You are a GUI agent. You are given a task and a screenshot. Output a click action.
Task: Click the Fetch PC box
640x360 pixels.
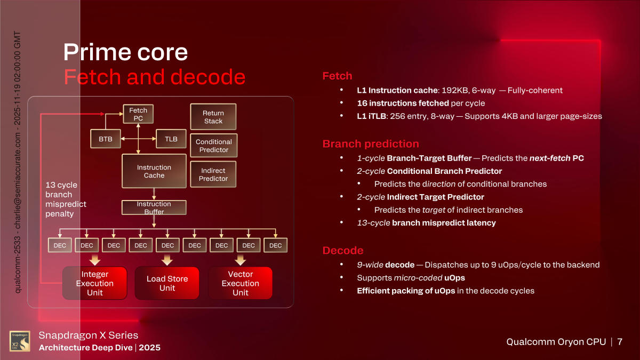pyautogui.click(x=138, y=114)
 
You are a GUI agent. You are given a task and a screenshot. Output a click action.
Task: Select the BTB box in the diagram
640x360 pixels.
pyautogui.click(x=106, y=139)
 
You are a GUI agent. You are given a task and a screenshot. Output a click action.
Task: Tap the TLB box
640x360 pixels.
pyautogui.click(x=171, y=139)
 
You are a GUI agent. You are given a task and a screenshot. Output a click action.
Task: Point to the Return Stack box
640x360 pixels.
pyautogui.click(x=213, y=117)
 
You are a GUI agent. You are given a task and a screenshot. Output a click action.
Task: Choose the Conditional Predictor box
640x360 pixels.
pyautogui.click(x=213, y=146)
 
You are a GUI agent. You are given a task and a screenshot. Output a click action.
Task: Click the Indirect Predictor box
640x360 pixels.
pyautogui.click(x=213, y=174)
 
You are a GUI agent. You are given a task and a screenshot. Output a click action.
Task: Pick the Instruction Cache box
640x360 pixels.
pyautogui.click(x=154, y=171)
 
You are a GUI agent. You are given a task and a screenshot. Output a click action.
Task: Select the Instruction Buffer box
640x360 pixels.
pyautogui.click(x=154, y=207)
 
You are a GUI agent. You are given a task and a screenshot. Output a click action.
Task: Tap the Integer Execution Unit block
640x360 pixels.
pyautogui.click(x=95, y=283)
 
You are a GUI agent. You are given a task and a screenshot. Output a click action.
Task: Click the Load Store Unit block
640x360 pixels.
pyautogui.click(x=167, y=283)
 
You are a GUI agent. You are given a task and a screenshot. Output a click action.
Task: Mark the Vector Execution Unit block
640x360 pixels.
pyautogui.click(x=240, y=283)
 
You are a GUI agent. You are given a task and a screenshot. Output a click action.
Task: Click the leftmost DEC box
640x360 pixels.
pyautogui.click(x=60, y=245)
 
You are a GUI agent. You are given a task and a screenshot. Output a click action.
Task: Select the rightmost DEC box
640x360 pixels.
pyautogui.click(x=275, y=245)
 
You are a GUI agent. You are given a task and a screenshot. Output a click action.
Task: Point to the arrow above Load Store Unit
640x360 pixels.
pyautogui.click(x=167, y=260)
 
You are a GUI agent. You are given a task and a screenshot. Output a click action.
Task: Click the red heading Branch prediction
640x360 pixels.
pyautogui.click(x=371, y=144)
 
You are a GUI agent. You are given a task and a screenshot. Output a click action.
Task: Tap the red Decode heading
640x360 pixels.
pyautogui.click(x=343, y=251)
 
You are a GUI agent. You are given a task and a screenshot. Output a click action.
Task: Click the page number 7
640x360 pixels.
pyautogui.click(x=620, y=342)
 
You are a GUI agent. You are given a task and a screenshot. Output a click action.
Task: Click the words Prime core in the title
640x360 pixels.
pyautogui.click(x=125, y=52)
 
